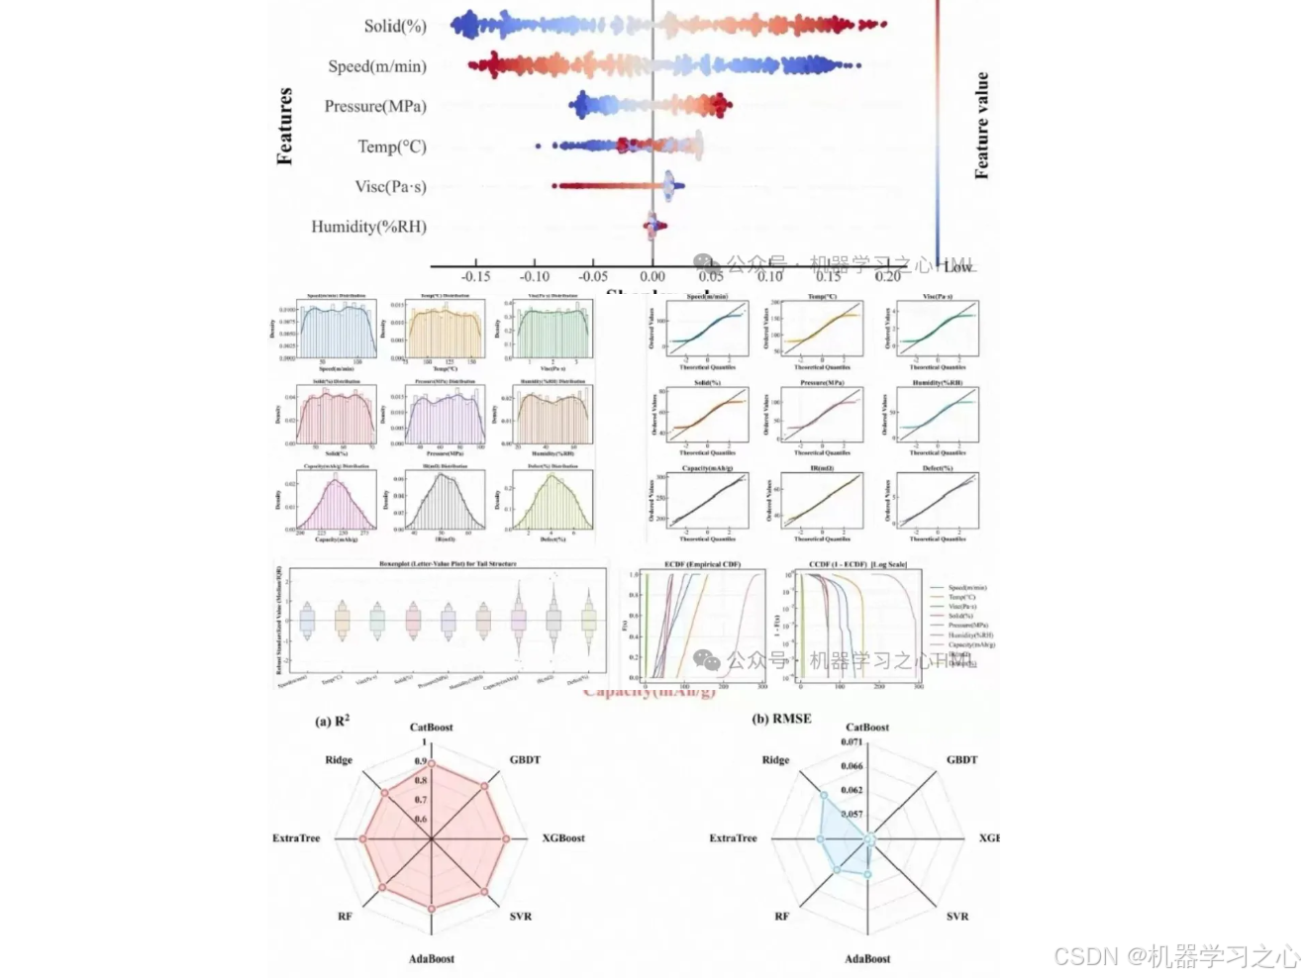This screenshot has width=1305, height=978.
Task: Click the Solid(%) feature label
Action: (x=394, y=26)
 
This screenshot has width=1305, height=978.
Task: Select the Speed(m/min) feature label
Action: (x=377, y=66)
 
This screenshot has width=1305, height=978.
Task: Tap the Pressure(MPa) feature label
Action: (x=375, y=106)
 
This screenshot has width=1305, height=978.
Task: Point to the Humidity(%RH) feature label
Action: (x=368, y=227)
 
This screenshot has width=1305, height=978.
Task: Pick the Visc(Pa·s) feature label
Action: (x=390, y=186)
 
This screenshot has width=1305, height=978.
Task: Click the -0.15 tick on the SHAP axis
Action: (x=475, y=276)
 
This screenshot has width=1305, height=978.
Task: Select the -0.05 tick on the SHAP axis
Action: (x=593, y=276)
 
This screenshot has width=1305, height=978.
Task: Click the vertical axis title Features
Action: (x=285, y=126)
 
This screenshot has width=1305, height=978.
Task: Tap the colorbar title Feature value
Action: (x=981, y=126)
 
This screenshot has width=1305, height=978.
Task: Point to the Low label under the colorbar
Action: (x=957, y=267)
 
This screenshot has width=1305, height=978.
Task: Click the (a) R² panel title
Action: (x=332, y=721)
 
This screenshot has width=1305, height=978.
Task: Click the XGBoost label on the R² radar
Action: (x=562, y=838)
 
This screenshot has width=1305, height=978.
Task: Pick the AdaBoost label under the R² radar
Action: (x=432, y=959)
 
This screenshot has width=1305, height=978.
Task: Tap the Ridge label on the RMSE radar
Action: (x=775, y=760)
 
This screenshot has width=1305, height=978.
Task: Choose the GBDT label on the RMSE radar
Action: (x=961, y=760)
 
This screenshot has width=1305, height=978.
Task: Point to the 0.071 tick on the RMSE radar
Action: (x=852, y=741)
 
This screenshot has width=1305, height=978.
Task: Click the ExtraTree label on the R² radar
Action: (x=296, y=838)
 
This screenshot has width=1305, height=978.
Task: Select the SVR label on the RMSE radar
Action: (x=956, y=917)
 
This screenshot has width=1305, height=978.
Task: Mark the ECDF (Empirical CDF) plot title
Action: (x=702, y=564)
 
